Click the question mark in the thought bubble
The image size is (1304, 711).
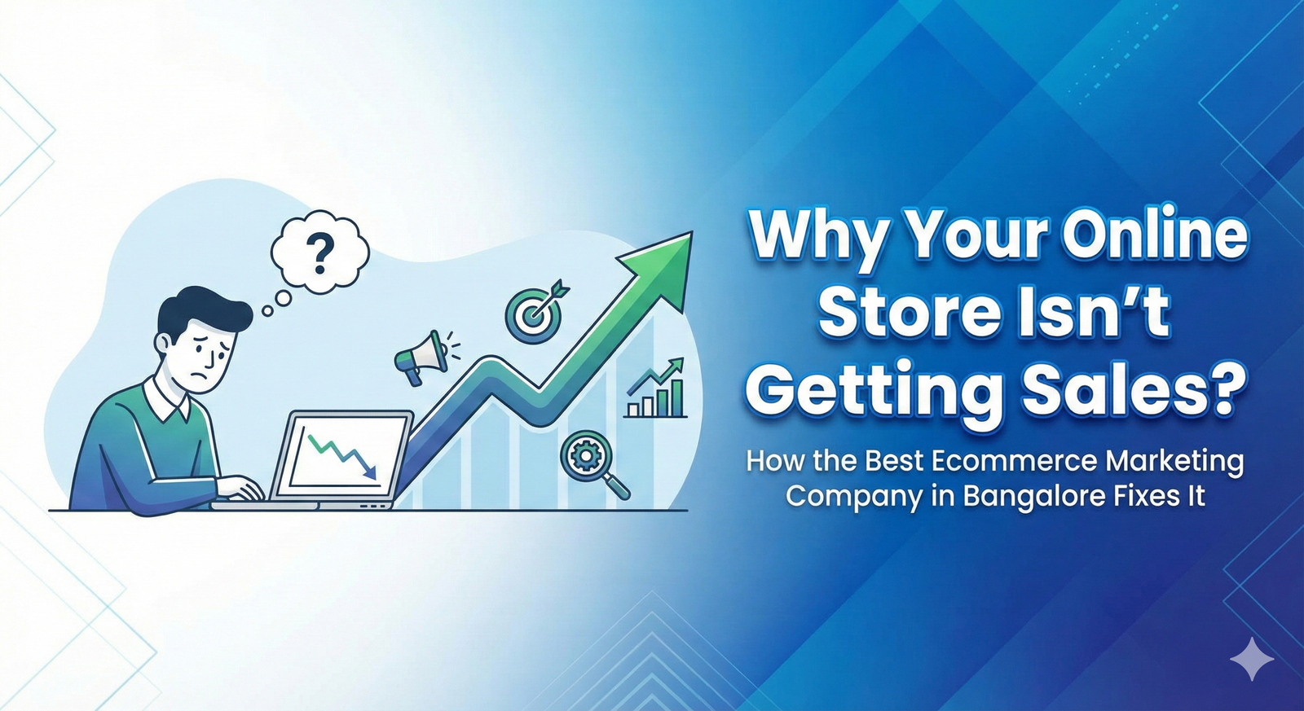tap(319, 253)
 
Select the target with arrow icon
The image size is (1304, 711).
tap(535, 310)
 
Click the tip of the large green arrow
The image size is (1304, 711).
tap(692, 232)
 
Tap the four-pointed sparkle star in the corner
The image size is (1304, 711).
tap(1252, 659)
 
